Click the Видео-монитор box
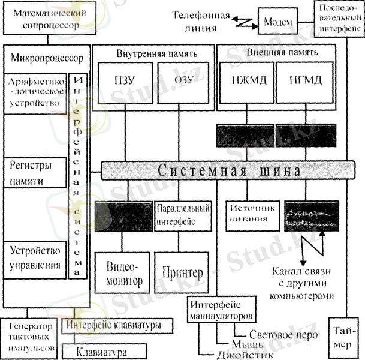[x=123, y=273]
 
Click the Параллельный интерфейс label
[x=182, y=215]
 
